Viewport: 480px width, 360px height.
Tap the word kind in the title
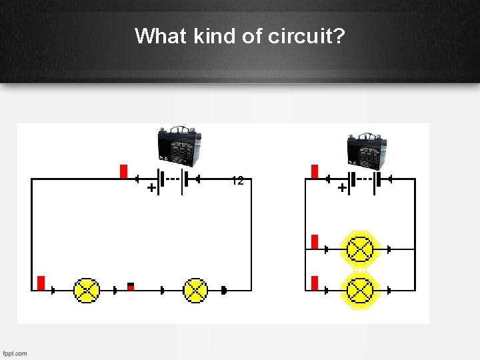pyautogui.click(x=215, y=35)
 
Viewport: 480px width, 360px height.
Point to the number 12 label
pyautogui.click(x=237, y=181)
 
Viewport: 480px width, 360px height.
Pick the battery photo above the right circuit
pyautogui.click(x=366, y=149)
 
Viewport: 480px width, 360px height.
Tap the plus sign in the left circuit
pyautogui.click(x=152, y=189)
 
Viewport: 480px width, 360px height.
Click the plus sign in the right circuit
pyautogui.click(x=342, y=189)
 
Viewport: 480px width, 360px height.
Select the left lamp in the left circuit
pyautogui.click(x=87, y=290)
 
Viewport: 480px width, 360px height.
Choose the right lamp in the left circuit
pyautogui.click(x=195, y=290)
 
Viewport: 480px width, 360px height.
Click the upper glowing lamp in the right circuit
pyautogui.click(x=361, y=249)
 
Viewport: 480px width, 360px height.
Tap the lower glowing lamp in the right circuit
pyautogui.click(x=361, y=290)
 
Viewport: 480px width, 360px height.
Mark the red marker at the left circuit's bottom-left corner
pyautogui.click(x=41, y=283)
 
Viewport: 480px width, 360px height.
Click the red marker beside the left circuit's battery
pyautogui.click(x=123, y=171)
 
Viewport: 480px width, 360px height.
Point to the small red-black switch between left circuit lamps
pyautogui.click(x=131, y=287)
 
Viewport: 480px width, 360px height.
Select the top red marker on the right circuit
pyautogui.click(x=315, y=171)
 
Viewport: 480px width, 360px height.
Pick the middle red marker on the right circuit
pyautogui.click(x=315, y=241)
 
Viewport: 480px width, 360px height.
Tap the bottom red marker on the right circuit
pyautogui.click(x=315, y=283)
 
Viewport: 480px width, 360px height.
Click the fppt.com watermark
pyautogui.click(x=15, y=353)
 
